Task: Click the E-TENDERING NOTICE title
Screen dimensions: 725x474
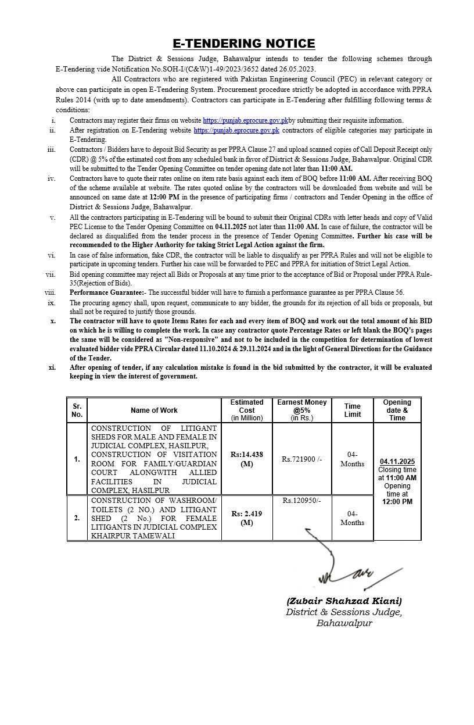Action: coord(244,44)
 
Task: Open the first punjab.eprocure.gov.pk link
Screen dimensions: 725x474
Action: coord(245,120)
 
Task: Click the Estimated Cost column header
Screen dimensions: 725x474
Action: coord(247,410)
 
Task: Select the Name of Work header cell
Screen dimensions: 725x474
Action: coord(154,410)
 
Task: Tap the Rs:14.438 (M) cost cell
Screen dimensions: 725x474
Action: coord(247,459)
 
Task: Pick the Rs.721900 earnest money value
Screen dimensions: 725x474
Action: coord(301,459)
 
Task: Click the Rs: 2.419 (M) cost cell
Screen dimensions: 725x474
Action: coord(247,518)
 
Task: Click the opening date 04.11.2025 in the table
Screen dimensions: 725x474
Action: coord(397,462)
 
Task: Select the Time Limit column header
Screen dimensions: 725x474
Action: coord(352,410)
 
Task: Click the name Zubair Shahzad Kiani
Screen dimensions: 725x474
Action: coord(344,601)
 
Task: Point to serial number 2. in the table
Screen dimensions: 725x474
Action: coord(77,518)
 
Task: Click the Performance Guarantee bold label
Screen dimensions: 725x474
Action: coord(107,292)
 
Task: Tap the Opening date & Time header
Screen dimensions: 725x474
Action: coord(397,410)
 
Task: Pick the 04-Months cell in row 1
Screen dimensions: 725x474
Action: coord(352,459)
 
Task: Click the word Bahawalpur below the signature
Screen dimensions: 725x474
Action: coord(344,623)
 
